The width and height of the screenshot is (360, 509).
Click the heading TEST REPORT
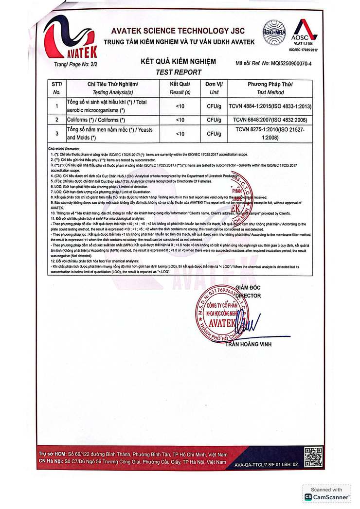pyautogui.click(x=178, y=72)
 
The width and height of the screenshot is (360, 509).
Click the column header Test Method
pyautogui.click(x=270, y=92)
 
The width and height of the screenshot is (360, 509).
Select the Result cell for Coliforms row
pyautogui.click(x=180, y=120)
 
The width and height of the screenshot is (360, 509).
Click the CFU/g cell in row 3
pyautogui.click(x=214, y=133)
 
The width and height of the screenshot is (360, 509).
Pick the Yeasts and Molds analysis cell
pyautogui.click(x=113, y=134)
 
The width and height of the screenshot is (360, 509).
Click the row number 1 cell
pyautogui.click(x=56, y=106)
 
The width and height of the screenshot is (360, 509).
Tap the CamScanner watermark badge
pyautogui.click(x=326, y=493)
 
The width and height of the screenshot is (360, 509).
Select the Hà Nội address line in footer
pyautogui.click(x=132, y=461)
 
